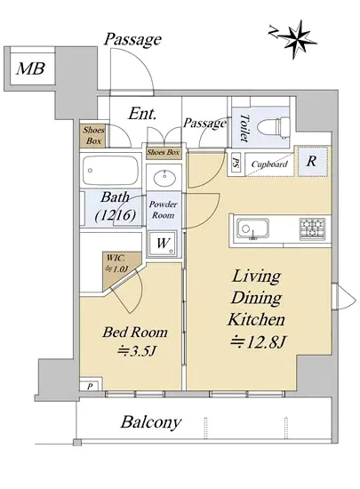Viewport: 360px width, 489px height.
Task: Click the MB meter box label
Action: pyautogui.click(x=30, y=68)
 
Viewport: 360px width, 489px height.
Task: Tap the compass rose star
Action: pyautogui.click(x=297, y=39)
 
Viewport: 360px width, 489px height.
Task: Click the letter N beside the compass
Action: pyautogui.click(x=274, y=32)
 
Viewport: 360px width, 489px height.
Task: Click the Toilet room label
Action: pyautogui.click(x=244, y=127)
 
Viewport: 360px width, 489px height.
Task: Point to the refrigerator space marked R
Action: pyautogui.click(x=312, y=161)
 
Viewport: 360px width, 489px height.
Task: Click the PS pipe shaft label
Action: pyautogui.click(x=236, y=164)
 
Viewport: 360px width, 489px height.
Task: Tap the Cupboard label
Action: pyautogui.click(x=269, y=164)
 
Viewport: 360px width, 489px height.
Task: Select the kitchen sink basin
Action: pyautogui.click(x=252, y=228)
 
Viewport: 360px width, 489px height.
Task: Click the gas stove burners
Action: pyautogui.click(x=312, y=228)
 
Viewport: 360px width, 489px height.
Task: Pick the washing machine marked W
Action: pyautogui.click(x=163, y=244)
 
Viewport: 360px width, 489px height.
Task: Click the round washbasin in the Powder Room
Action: pyautogui.click(x=164, y=177)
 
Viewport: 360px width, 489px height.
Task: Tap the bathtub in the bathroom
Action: pyautogui.click(x=110, y=171)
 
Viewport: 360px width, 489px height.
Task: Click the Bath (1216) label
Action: pyautogui.click(x=115, y=206)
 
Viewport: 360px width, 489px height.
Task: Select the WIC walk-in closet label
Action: pyautogui.click(x=117, y=263)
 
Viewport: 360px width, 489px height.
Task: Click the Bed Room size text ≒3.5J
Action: pyautogui.click(x=136, y=351)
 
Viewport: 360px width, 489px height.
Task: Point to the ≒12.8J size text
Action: pyautogui.click(x=258, y=342)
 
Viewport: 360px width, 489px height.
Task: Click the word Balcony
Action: pyautogui.click(x=151, y=422)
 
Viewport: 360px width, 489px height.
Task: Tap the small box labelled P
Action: pyautogui.click(x=90, y=386)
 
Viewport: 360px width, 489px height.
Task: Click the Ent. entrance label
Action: pyautogui.click(x=142, y=114)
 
